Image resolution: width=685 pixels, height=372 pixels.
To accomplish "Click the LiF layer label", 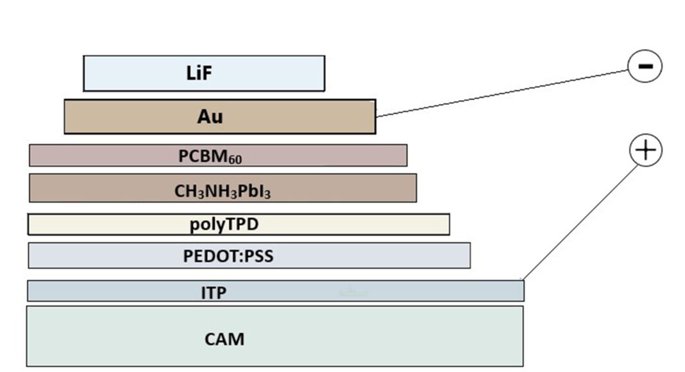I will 199,73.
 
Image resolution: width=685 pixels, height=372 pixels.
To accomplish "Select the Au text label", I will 210,117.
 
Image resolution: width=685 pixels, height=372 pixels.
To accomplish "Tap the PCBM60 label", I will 210,156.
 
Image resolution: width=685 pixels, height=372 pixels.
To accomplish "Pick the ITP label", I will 214,293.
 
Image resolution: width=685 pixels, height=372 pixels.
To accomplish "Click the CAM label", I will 224,339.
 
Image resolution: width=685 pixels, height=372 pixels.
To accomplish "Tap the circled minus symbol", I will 644,66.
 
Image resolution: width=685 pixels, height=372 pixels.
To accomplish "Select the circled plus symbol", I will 645,150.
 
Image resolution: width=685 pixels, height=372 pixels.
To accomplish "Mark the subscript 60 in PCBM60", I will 235,158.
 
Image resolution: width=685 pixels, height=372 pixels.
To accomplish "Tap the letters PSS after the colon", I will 258,257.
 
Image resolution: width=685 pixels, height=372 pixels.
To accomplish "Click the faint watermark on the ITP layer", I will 353,293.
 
